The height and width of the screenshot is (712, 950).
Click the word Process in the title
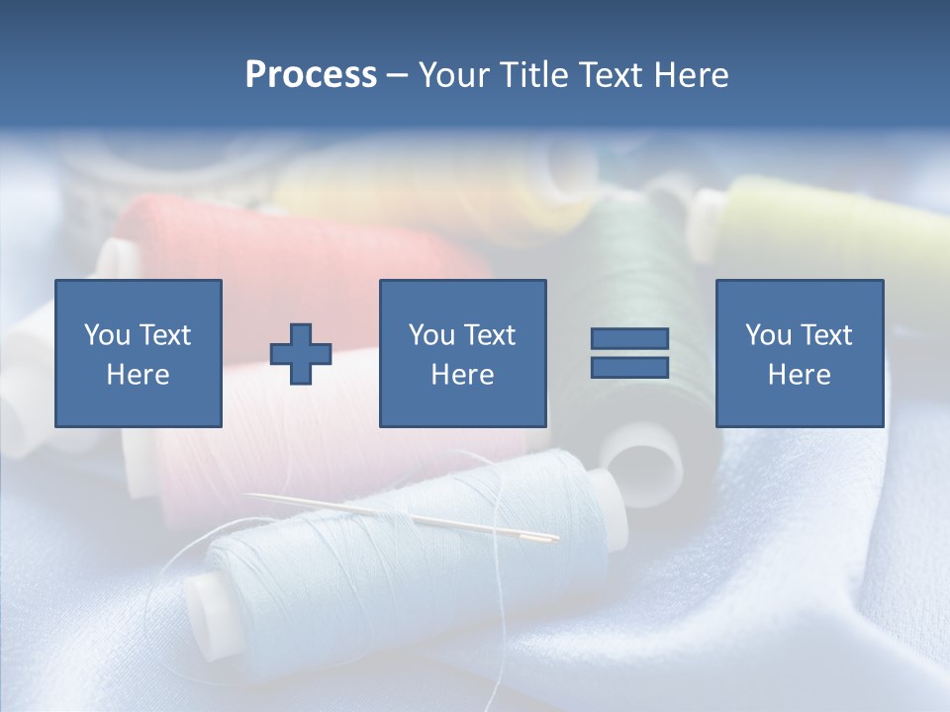click(311, 75)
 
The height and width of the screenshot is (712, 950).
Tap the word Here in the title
click(688, 75)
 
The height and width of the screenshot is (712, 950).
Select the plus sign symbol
click(301, 354)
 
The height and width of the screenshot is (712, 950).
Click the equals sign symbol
click(629, 353)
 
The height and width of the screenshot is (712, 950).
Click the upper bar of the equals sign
click(629, 338)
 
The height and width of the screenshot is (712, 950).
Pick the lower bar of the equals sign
click(629, 368)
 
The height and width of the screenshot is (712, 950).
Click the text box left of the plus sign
click(139, 354)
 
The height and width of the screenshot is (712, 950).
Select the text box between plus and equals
click(463, 354)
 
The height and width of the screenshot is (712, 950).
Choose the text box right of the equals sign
click(800, 354)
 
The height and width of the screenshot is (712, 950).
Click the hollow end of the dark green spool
click(643, 465)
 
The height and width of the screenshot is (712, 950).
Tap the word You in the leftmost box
click(107, 335)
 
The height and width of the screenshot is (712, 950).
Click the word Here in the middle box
click(463, 375)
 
